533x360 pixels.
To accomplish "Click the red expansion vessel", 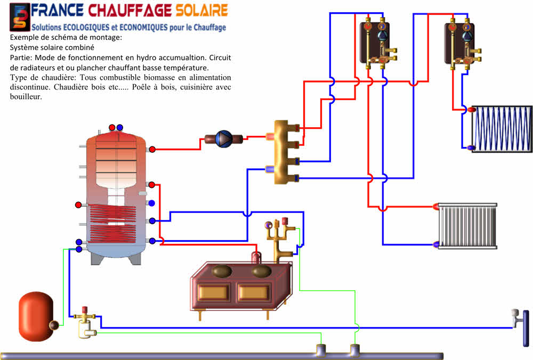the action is point(36,316).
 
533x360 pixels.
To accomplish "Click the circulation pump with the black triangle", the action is point(224,139).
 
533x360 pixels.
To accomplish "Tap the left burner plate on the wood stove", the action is point(222,271).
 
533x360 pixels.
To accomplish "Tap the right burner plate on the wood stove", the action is point(261,271).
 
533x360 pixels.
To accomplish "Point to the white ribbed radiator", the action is point(467,226).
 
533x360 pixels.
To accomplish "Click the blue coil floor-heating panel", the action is point(502,129).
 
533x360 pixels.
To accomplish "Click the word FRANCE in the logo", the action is point(57,10).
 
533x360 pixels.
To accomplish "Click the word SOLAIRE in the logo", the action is point(201,10).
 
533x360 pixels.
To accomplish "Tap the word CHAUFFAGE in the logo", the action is point(130,10).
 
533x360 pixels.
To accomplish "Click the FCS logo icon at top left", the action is point(20,17).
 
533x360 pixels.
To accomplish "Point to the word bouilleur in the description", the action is point(26,97).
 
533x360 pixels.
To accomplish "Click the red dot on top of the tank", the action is point(112,128).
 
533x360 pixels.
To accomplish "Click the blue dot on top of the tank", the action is point(119,128).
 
